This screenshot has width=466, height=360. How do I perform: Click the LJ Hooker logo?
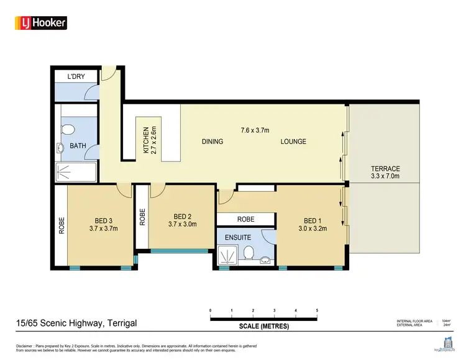click(x=40, y=23)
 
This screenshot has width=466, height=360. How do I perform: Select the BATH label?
click(x=78, y=146)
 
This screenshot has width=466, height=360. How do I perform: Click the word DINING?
click(x=212, y=142)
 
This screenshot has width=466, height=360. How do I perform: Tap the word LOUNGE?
click(x=293, y=142)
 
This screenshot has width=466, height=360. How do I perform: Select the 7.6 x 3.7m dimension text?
click(x=255, y=130)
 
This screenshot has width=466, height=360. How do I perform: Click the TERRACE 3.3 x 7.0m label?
click(x=385, y=173)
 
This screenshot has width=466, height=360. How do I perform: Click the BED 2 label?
click(x=182, y=220)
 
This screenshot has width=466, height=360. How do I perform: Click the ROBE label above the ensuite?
click(x=245, y=220)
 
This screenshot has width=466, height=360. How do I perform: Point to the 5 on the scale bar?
click(x=317, y=310)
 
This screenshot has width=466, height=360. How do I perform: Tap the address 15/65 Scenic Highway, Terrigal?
click(x=76, y=323)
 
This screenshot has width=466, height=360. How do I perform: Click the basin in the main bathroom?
click(x=61, y=148)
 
